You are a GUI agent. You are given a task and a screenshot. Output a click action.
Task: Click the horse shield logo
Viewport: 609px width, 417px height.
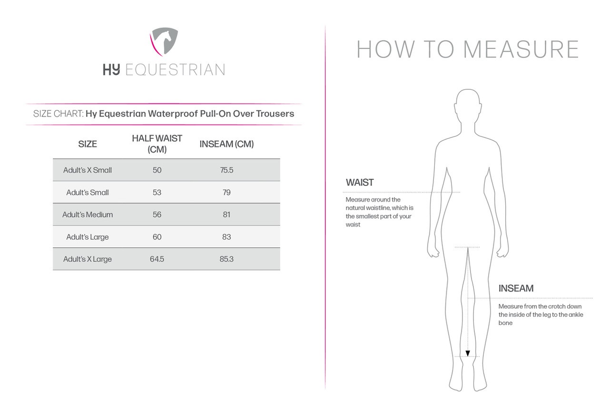click(x=164, y=41)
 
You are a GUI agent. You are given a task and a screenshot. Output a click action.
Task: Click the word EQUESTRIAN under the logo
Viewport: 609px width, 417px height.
click(x=175, y=70)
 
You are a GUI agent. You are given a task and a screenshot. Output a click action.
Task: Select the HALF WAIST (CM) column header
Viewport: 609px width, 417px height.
click(x=157, y=144)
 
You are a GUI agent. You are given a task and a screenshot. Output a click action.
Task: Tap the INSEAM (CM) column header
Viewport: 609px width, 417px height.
click(x=226, y=144)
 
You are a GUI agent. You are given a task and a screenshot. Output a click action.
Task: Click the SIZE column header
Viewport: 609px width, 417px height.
click(x=88, y=144)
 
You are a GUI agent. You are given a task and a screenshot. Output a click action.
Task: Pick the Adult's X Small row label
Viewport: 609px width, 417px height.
click(x=88, y=170)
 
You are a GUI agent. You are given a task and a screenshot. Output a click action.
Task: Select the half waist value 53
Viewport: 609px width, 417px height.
click(x=157, y=193)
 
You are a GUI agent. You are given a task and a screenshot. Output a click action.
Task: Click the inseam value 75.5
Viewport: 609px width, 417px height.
click(x=226, y=170)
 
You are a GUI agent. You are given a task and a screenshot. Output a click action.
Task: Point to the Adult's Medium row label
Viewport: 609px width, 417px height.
click(x=88, y=215)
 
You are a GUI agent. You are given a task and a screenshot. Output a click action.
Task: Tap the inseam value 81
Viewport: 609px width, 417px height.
click(x=226, y=215)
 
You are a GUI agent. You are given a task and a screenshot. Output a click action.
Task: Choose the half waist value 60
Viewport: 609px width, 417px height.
click(x=157, y=237)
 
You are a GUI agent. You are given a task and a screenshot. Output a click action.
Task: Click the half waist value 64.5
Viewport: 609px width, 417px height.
click(x=157, y=260)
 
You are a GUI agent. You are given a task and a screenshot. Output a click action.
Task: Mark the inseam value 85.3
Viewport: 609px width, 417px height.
click(x=226, y=260)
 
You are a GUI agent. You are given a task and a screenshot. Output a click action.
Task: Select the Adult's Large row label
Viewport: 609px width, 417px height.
click(x=88, y=237)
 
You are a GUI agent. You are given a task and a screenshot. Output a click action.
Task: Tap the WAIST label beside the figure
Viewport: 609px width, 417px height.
click(x=360, y=183)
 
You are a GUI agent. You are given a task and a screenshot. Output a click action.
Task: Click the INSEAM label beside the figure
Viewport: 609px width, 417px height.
click(x=516, y=289)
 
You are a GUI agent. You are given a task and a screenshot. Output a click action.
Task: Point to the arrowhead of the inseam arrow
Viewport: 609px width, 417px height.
click(x=468, y=353)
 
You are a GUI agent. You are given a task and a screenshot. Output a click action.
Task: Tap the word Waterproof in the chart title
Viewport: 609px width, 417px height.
click(x=170, y=114)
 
